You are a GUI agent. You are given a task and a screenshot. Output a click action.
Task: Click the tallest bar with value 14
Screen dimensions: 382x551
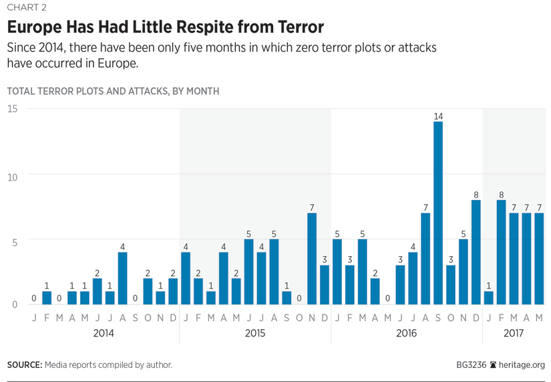point(438,213)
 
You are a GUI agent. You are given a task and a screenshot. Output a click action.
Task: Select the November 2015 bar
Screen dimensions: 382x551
point(312,259)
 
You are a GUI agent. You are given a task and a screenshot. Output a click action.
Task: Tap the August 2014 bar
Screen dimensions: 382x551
point(122,278)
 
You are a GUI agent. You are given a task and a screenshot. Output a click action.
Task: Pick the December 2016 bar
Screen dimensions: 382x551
point(476,252)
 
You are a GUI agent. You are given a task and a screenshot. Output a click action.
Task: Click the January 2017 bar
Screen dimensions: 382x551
point(489,298)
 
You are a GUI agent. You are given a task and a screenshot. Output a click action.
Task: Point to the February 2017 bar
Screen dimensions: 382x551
point(502,252)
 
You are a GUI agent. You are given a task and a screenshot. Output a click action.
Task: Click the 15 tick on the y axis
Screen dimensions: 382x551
point(12,109)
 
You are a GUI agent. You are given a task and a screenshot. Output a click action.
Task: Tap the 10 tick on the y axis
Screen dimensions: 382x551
point(12,175)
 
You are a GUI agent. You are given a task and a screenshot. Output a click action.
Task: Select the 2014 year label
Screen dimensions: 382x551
point(104,333)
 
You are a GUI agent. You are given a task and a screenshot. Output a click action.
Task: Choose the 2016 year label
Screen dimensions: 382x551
point(406,333)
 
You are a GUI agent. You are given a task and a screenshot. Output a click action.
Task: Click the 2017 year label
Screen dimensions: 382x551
point(514,333)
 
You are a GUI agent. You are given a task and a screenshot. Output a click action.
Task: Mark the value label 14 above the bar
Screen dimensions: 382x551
point(438,116)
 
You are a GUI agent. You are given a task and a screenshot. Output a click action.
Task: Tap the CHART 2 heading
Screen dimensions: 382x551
point(27,8)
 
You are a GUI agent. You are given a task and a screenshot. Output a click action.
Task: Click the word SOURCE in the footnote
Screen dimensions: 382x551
point(24,365)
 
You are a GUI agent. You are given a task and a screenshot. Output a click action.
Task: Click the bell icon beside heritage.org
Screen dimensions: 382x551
point(494,365)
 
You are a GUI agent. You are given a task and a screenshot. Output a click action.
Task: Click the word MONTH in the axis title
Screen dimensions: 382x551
point(201,91)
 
